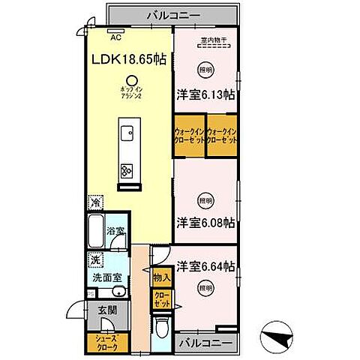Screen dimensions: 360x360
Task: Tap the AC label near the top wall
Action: (115, 36)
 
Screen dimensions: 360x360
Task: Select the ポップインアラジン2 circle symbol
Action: (131, 80)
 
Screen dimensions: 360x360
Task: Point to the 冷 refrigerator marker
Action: (95, 202)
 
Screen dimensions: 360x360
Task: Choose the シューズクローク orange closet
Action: (107, 343)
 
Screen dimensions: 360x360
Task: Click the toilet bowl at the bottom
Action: (161, 330)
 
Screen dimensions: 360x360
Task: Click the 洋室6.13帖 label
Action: (206, 95)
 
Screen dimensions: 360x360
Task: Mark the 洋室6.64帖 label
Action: (206, 266)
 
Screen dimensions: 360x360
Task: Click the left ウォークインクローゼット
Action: (189, 136)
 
